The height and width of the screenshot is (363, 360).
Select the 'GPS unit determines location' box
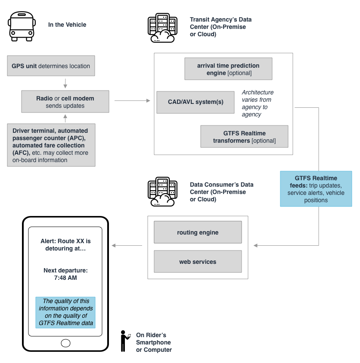51,66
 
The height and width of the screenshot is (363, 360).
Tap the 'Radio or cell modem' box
65,102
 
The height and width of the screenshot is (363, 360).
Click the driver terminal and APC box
51,145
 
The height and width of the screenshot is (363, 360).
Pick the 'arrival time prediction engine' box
228,69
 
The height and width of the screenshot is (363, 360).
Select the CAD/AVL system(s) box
196,102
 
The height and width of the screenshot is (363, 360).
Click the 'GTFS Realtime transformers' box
244,137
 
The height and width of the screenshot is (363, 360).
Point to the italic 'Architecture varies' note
258,103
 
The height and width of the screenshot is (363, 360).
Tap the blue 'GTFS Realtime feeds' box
316,189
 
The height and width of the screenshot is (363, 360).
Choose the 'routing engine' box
198,233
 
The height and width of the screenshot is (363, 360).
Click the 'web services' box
198,262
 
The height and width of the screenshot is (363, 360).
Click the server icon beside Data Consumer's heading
162,192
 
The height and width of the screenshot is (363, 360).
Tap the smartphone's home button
65,343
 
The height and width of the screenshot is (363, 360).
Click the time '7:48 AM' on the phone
65,278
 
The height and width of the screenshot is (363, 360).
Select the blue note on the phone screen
65,312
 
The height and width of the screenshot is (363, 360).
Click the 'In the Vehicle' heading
67,25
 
